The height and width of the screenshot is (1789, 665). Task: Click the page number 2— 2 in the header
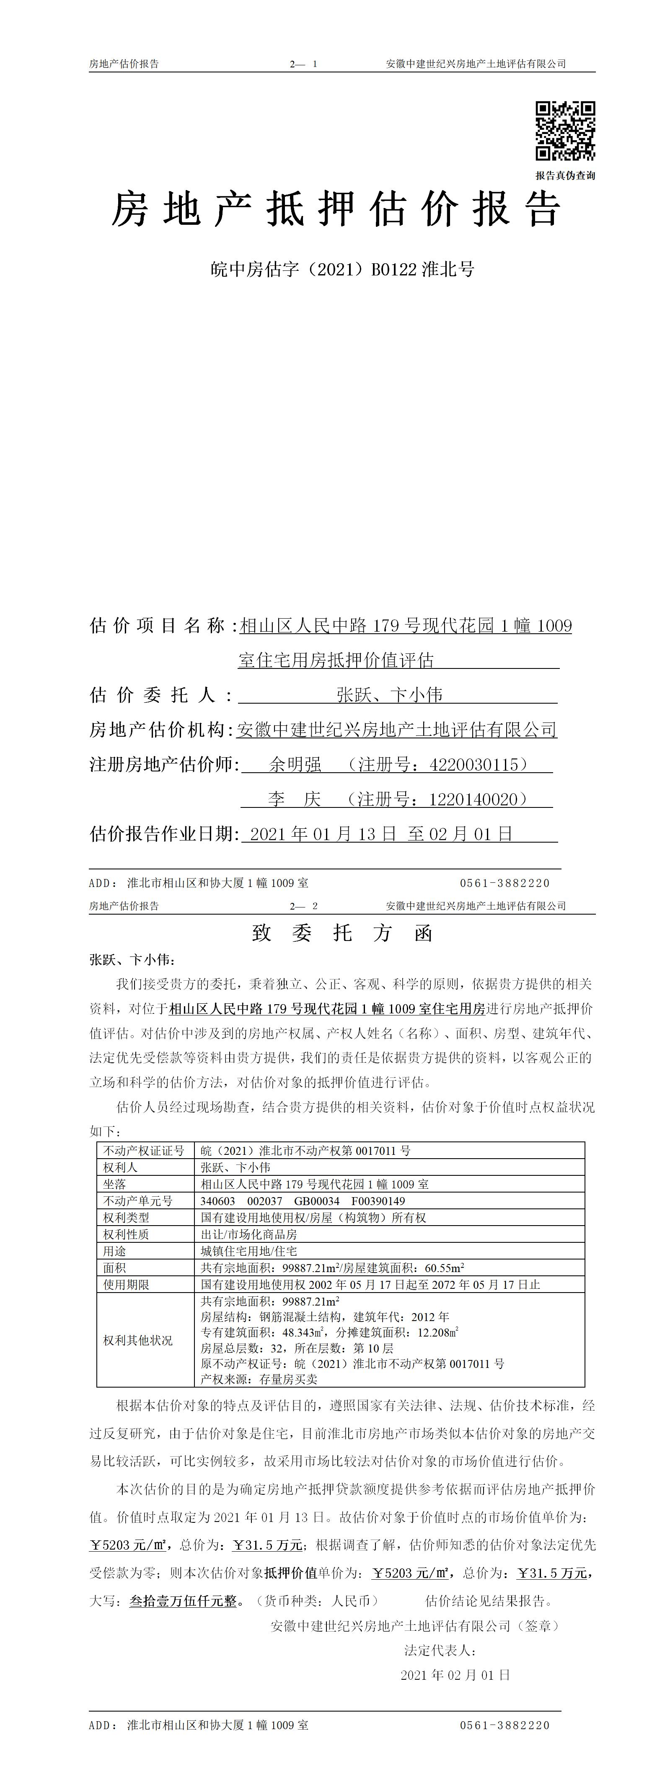point(304,906)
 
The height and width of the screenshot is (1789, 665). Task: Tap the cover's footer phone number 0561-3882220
point(505,883)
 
